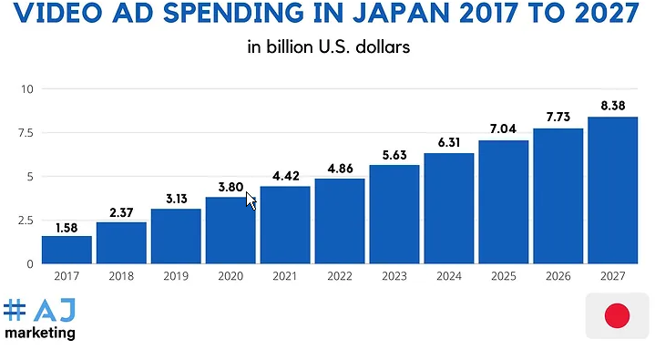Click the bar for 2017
(67, 250)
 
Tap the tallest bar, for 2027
(612, 190)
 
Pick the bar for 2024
(448, 208)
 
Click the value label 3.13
(176, 199)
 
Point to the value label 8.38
(612, 106)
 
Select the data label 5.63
(394, 154)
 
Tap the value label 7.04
(503, 129)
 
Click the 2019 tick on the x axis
(176, 276)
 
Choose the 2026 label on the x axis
(558, 276)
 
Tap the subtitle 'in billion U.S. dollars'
(328, 47)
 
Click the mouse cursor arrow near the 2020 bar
(251, 200)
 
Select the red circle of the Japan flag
(618, 316)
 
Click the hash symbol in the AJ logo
(15, 311)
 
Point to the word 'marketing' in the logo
(40, 334)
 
